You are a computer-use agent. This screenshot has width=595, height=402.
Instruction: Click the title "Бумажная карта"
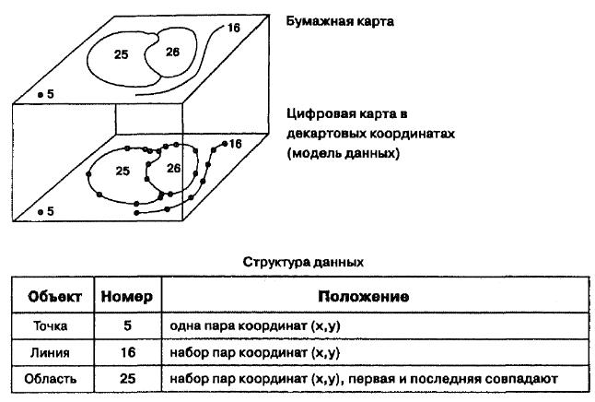tap(340, 21)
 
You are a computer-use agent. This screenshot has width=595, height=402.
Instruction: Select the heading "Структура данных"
tap(303, 262)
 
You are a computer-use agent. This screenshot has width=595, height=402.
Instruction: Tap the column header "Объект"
tap(54, 296)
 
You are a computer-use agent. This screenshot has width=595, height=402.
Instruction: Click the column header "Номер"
tap(127, 296)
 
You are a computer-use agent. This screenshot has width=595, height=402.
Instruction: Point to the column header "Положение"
tap(364, 296)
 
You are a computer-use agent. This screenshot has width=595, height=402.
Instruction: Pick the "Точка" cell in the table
tap(51, 326)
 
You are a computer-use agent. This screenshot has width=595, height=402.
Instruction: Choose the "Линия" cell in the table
tap(50, 352)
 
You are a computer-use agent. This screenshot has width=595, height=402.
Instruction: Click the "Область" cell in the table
tap(51, 379)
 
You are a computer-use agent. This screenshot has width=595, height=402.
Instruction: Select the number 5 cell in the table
tap(127, 325)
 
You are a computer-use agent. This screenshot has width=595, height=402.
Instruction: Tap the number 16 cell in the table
tap(128, 352)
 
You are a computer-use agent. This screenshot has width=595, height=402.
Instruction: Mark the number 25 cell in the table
tap(128, 378)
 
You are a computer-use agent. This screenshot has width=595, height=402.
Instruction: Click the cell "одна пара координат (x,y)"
tap(254, 326)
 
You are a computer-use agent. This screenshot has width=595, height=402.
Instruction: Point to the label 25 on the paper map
tap(122, 54)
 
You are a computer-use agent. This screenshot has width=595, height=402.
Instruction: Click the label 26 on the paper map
tap(172, 52)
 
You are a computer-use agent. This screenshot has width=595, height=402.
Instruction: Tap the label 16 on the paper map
tap(234, 28)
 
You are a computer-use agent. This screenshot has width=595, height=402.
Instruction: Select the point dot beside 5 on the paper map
tap(41, 95)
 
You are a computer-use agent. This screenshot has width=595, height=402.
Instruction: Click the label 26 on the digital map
tap(174, 168)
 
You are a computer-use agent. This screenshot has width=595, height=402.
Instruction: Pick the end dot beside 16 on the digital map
tap(225, 144)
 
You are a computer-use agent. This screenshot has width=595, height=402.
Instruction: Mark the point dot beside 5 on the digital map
tap(41, 212)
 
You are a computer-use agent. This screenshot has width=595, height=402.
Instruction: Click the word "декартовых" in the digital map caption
tap(326, 134)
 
